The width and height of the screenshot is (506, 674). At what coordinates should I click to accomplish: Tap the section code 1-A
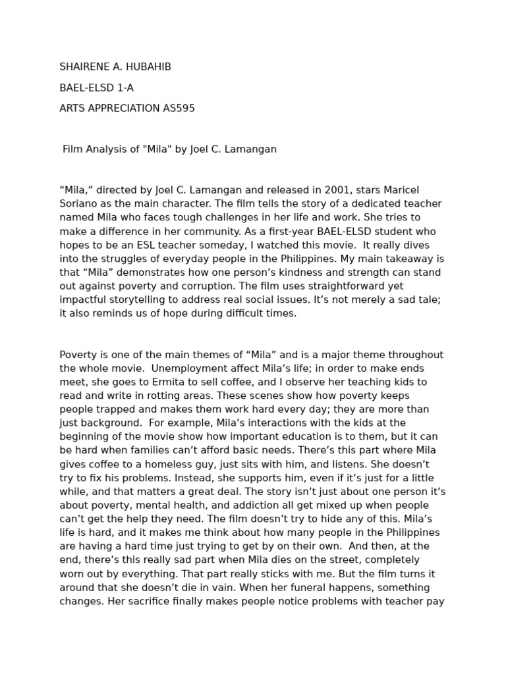pos(124,88)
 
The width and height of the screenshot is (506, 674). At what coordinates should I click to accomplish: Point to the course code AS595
pos(179,108)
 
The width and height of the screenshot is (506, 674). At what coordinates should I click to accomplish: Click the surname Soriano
pos(78,204)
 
